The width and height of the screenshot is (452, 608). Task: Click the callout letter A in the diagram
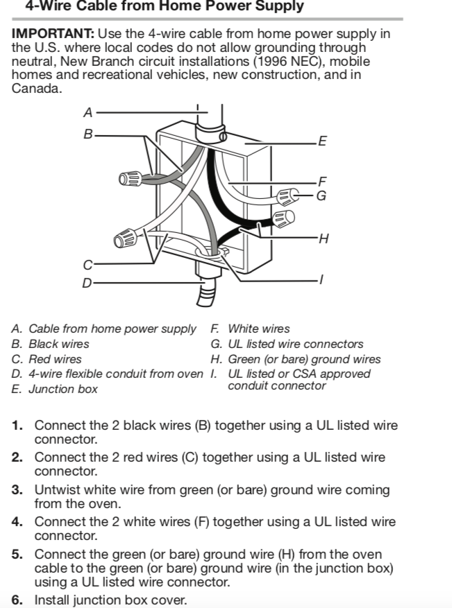tap(87, 112)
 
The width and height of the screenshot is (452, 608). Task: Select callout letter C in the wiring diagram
tap(87, 264)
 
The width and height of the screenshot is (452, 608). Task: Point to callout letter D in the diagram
tap(87, 283)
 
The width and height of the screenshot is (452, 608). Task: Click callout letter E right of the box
tap(321, 142)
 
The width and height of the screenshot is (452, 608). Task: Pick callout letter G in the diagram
tap(321, 196)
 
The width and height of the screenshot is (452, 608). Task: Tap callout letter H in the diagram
tap(323, 239)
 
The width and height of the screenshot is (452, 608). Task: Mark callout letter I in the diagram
tap(320, 280)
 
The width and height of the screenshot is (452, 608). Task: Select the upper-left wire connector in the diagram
tap(130, 180)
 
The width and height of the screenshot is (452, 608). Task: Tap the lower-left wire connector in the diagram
tap(126, 239)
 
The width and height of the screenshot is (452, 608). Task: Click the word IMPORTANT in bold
tap(53, 33)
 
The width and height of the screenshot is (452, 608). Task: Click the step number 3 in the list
tap(17, 490)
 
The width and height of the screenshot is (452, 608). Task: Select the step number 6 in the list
tap(17, 600)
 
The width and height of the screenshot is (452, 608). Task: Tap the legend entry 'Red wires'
tap(55, 359)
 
